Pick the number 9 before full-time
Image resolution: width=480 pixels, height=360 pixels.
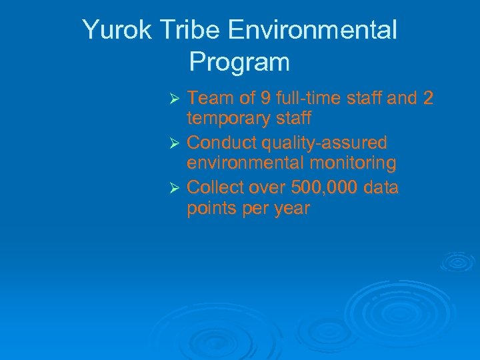[x=265, y=99]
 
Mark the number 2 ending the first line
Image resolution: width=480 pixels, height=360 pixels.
[x=428, y=99]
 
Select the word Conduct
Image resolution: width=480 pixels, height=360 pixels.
[x=219, y=143]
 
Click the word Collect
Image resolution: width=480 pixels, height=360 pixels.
[x=215, y=188]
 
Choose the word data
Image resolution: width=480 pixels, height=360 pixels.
[x=381, y=188]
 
